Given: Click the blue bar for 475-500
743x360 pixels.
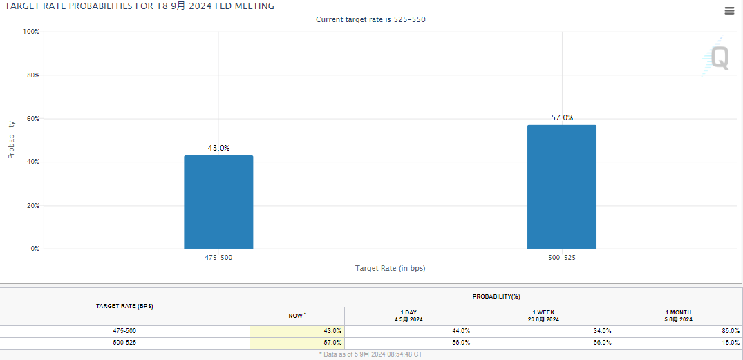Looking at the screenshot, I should (218, 202).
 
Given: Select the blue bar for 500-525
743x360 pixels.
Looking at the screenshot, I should (561, 187).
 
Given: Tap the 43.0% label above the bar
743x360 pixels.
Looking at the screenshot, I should (218, 148).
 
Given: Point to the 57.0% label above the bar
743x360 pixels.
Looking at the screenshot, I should (562, 117).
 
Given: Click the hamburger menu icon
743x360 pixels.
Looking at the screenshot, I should (729, 10).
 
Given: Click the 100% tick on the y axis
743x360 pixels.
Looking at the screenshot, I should (30, 32).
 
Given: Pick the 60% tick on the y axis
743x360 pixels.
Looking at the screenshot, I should (32, 119).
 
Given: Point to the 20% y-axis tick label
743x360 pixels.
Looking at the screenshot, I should (32, 206).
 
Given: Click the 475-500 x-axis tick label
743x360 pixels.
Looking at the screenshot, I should (218, 258).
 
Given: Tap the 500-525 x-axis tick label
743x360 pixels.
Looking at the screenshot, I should (561, 258).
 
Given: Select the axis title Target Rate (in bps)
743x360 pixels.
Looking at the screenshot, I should (390, 268).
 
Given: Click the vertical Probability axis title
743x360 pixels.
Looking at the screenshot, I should (11, 140).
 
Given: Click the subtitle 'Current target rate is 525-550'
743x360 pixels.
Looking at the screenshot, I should (370, 19).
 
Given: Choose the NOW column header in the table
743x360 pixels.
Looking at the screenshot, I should (297, 316).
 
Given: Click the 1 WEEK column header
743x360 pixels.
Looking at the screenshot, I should (544, 316).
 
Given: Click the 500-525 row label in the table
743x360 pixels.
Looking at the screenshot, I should (124, 343).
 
